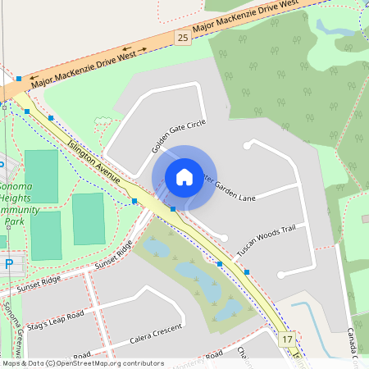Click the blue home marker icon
pos(184,176)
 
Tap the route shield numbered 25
pos(182,38)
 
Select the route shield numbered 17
pos(286,339)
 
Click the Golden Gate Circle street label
pos(178,136)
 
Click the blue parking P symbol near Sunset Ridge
pos(9,264)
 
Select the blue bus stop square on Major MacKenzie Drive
pos(18,79)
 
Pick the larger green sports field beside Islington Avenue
pos(42,176)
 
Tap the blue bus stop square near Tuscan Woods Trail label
pos(247,271)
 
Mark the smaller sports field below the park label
pos(89,218)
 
